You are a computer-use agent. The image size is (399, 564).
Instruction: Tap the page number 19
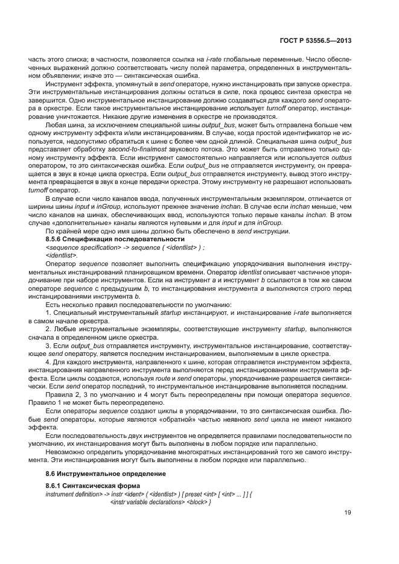tap(348, 513)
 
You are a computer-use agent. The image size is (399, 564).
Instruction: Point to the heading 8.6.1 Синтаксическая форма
tap(84, 486)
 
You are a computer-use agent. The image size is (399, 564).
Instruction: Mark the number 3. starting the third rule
tap(49, 346)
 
